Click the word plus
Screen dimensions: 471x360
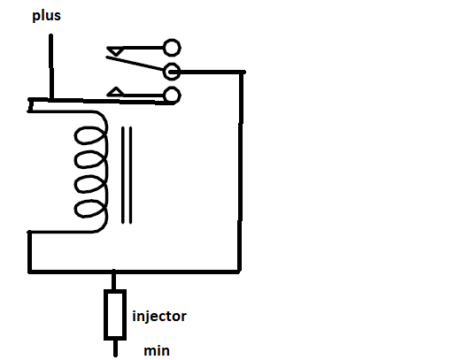(x=47, y=16)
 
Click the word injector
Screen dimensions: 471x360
(x=159, y=316)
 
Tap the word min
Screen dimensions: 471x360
(x=157, y=350)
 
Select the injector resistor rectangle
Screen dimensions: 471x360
(x=115, y=315)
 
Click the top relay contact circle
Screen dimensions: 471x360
(x=172, y=48)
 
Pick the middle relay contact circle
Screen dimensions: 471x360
(x=172, y=72)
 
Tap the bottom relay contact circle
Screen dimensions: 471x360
(x=172, y=96)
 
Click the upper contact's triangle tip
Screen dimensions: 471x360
(x=116, y=56)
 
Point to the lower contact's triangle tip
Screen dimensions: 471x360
(x=116, y=88)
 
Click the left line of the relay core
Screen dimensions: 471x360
(x=122, y=175)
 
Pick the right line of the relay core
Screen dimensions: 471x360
(x=130, y=175)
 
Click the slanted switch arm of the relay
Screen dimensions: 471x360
(x=135, y=64)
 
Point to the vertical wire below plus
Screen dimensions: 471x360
(x=51, y=67)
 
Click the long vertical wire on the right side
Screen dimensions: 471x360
(x=240, y=172)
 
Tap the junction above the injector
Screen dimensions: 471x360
(x=113, y=272)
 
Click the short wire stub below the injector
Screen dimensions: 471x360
(x=115, y=349)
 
